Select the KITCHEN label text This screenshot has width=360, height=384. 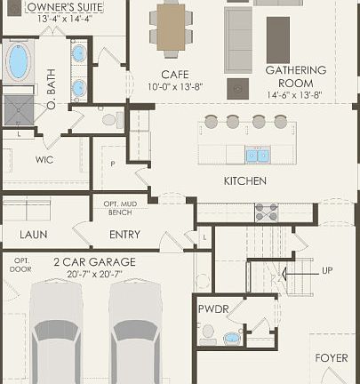245,180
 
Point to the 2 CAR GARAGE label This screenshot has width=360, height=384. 94,262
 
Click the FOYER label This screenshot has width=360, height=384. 332,358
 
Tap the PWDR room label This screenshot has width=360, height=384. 213,310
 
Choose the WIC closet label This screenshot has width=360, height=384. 45,160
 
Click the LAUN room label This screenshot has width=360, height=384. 34,235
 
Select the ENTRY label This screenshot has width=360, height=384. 124,235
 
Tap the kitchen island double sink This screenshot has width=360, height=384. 257,156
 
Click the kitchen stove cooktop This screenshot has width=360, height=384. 267,212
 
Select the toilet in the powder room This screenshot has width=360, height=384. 208,334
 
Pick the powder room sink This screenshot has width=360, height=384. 233,339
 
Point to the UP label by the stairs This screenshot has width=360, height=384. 328,269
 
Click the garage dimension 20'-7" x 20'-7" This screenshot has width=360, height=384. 94,276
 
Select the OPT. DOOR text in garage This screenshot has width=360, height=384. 21,265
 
